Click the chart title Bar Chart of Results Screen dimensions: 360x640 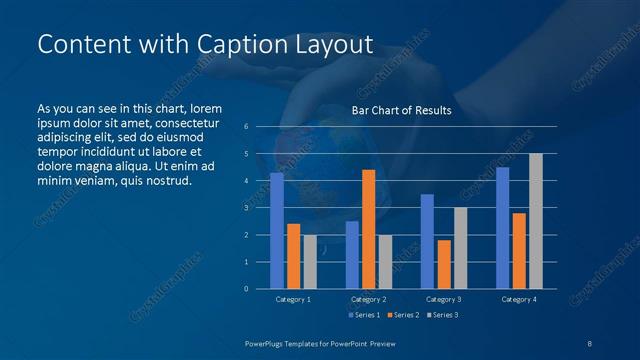coord(401,110)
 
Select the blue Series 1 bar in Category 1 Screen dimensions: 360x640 coord(277,231)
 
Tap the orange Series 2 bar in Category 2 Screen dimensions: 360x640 coord(368,229)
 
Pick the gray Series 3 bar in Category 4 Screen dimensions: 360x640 coord(535,221)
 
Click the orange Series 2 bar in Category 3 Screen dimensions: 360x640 coord(443,264)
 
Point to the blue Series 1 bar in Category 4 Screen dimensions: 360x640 coord(502,228)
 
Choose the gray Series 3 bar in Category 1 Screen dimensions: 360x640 coord(310,262)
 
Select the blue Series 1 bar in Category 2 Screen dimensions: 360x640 coord(352,255)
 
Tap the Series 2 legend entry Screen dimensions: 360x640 coord(401,315)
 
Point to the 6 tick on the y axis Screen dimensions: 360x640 coord(246,127)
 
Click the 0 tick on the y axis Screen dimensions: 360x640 coord(246,289)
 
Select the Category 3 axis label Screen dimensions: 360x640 coord(443,299)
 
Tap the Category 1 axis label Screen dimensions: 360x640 coord(293,299)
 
